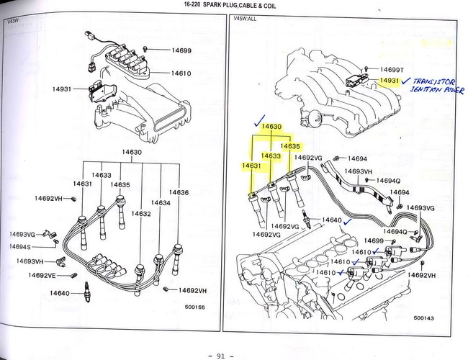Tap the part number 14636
179,192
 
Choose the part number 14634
161,203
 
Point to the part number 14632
141,213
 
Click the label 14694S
24,247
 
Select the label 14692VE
42,275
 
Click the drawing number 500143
424,318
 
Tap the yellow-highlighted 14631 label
251,166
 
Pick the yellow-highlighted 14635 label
290,146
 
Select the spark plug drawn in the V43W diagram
87,291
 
